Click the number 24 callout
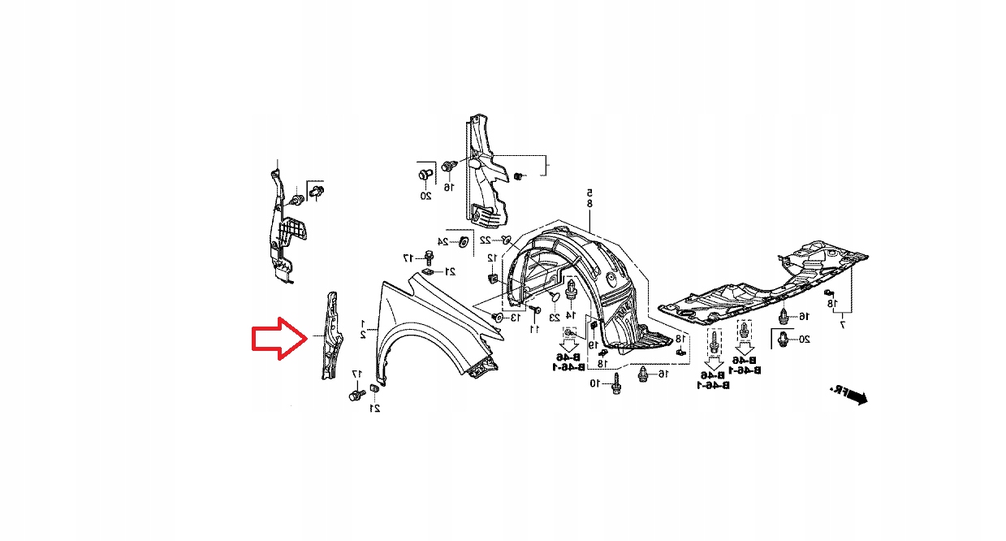tap(443, 241)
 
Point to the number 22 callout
tap(485, 240)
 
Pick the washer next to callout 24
tap(462, 241)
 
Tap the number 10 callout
tap(595, 383)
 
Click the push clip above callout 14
tap(572, 289)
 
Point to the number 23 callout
tap(555, 317)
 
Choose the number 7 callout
tap(842, 325)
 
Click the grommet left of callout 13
tap(496, 317)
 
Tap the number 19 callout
tap(593, 344)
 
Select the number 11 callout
tap(534, 329)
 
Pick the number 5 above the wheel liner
tap(589, 193)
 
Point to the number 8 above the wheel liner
tap(589, 203)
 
